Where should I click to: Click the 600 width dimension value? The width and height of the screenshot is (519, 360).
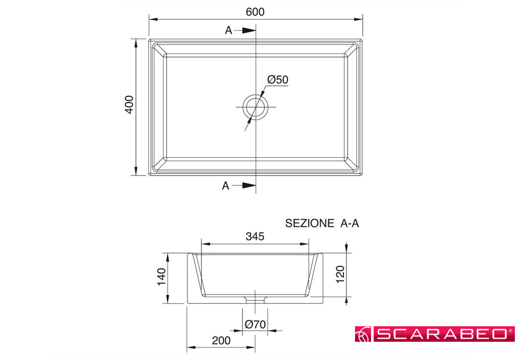tap(255, 12)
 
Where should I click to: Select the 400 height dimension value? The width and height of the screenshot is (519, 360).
tap(129, 104)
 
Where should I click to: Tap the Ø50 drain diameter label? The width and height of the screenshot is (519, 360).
tap(278, 79)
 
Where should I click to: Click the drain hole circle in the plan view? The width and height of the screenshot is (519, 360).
tap(255, 97)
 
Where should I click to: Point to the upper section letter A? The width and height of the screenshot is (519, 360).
tap(229, 30)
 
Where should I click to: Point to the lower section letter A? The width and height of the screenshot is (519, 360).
tap(225, 186)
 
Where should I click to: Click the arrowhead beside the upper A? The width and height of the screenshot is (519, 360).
tap(249, 31)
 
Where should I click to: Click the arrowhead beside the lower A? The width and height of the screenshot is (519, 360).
tap(249, 185)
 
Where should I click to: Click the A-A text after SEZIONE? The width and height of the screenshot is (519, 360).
tap(349, 223)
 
